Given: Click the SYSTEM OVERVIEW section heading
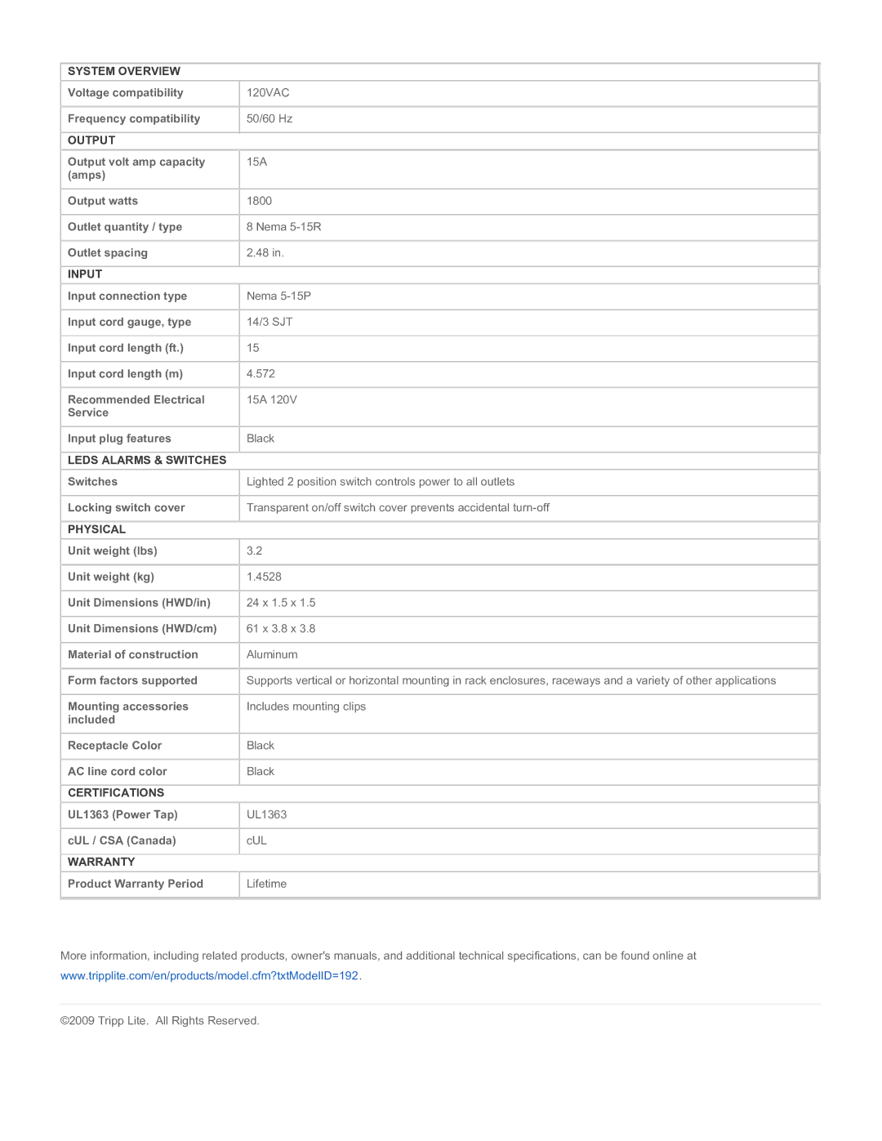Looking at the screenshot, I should (124, 71).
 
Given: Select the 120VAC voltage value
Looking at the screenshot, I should (268, 93).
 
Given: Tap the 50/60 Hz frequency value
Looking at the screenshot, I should (269, 119).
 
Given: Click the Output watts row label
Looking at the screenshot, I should (103, 201).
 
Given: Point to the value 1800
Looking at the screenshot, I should (260, 201).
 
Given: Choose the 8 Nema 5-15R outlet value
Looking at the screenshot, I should (284, 227).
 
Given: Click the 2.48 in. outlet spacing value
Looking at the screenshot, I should (265, 253).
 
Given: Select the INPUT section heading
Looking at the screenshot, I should (85, 274).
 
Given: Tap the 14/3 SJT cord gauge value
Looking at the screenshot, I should (269, 323).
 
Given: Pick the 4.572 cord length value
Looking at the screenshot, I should (261, 374).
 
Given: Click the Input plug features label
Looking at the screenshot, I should (119, 439).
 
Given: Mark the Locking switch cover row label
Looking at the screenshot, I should (127, 508).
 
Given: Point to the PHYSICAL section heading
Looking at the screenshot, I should (96, 529).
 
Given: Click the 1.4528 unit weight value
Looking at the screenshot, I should (264, 577).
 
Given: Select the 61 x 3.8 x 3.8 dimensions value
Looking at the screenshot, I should (281, 629).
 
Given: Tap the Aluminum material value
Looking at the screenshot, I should (272, 655).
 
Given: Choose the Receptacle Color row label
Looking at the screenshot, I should (115, 746).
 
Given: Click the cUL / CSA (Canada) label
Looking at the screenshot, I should (122, 840).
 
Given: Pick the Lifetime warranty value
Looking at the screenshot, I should (266, 884).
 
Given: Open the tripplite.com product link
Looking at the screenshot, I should (210, 976).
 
